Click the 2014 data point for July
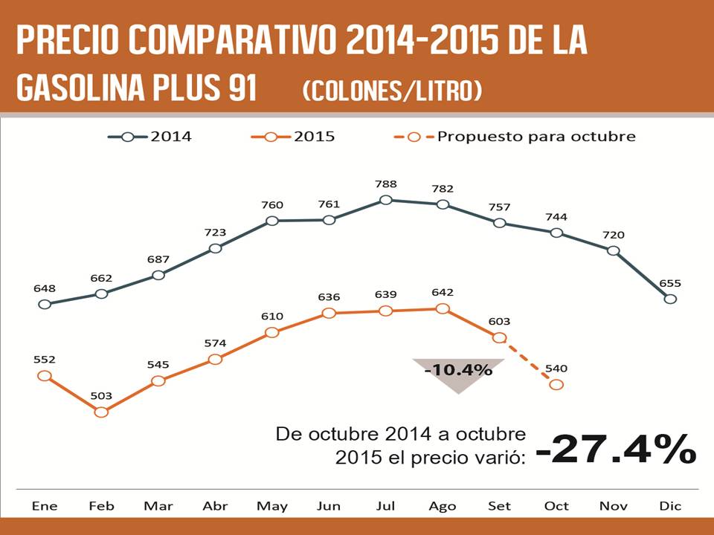(385, 200)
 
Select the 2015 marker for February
(101, 412)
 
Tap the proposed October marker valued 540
(556, 384)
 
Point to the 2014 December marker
(670, 299)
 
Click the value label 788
(386, 184)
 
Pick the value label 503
(101, 396)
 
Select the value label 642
(443, 293)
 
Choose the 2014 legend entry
(150, 137)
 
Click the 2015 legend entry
(294, 137)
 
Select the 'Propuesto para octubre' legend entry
(513, 137)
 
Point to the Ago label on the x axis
(443, 506)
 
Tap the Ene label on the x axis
(45, 506)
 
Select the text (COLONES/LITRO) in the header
(393, 91)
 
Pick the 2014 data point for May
(272, 221)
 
